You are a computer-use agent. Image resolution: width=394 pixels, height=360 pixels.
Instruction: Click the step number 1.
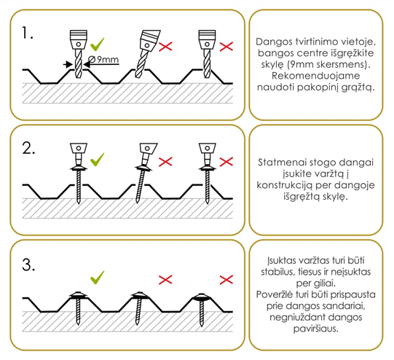[x=27, y=33]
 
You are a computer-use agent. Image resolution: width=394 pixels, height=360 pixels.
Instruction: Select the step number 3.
[x=28, y=265]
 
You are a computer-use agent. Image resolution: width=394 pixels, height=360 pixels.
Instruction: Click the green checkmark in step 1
[x=98, y=44]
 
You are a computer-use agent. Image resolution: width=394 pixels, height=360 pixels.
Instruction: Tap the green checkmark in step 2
[x=98, y=160]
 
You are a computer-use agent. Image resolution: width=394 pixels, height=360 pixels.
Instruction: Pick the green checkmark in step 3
[x=98, y=278]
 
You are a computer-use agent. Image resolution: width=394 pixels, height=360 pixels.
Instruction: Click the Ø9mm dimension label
[x=103, y=60]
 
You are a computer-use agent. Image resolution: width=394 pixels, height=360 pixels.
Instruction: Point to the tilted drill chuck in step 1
[x=149, y=41]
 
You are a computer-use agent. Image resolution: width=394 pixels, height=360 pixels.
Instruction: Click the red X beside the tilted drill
[x=165, y=47]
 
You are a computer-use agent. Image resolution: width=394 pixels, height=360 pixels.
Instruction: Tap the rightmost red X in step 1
[x=226, y=47]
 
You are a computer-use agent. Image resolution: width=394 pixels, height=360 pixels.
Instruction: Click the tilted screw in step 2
[x=143, y=173]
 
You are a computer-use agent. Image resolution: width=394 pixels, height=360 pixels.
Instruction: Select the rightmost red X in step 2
[x=226, y=162]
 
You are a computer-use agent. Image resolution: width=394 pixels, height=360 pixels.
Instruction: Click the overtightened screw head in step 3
[x=201, y=297]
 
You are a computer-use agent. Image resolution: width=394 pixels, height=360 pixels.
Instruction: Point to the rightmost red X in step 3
[x=226, y=280]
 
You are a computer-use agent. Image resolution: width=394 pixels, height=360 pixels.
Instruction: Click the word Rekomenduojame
[x=316, y=76]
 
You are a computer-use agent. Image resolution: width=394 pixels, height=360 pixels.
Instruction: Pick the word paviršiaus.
[x=315, y=329]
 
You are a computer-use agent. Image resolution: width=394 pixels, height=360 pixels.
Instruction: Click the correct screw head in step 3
[x=78, y=295]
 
